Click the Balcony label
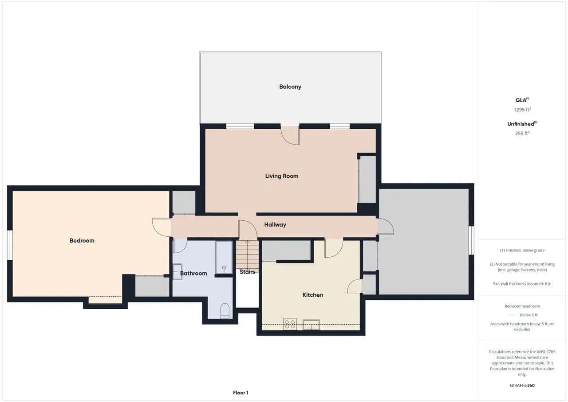[290, 87]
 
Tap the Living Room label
[281, 176]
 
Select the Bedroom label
[82, 241]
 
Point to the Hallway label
[275, 225]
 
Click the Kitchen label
[313, 295]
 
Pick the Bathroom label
[193, 273]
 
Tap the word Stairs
[247, 272]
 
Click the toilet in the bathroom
[225, 311]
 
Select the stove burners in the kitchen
[290, 324]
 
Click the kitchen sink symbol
[311, 325]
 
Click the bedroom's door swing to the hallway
[161, 227]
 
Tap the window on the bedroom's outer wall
[10, 245]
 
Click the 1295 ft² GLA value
[522, 110]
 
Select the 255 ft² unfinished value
[522, 133]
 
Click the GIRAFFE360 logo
[522, 385]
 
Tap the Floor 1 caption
[241, 393]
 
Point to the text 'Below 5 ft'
[529, 315]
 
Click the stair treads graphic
[247, 256]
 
